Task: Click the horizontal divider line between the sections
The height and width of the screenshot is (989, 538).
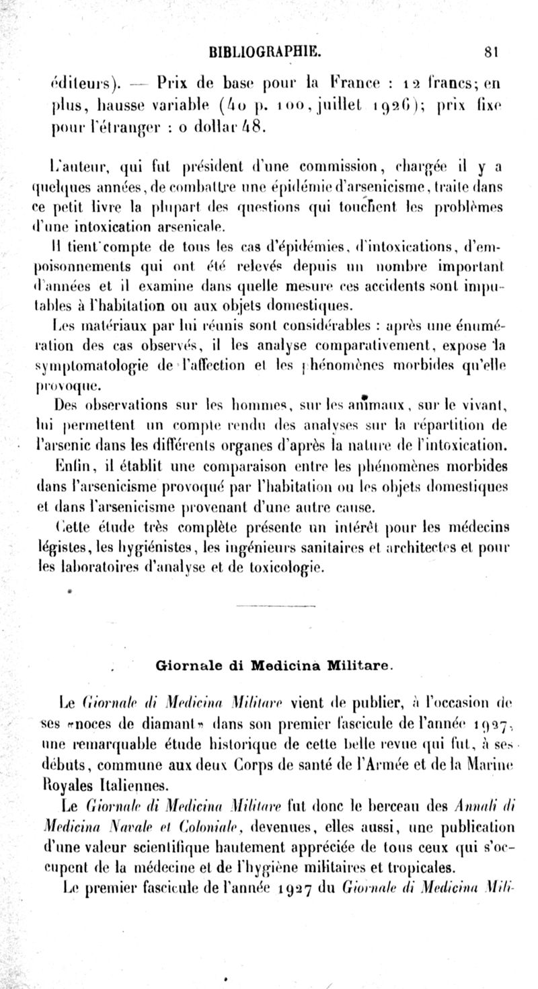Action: pos(275,606)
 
